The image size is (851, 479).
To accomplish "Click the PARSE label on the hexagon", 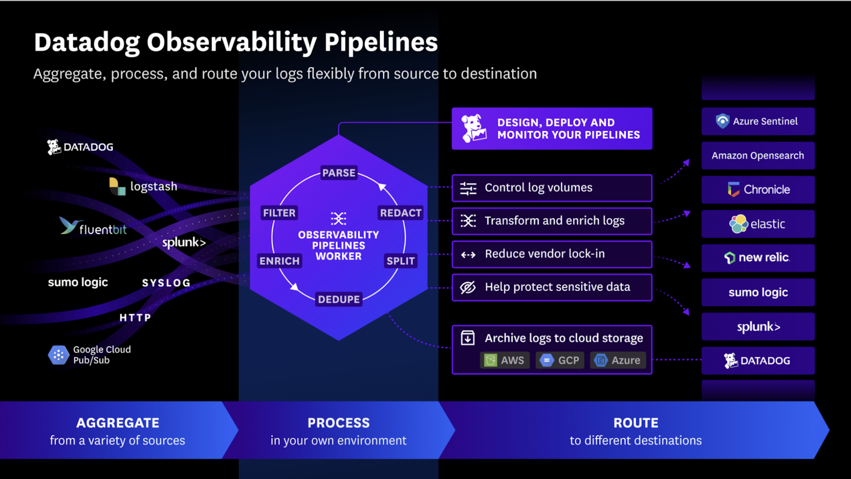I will coord(338,173).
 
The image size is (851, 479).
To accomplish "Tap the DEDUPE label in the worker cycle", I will coord(338,300).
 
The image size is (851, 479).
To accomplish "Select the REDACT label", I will coord(401,213).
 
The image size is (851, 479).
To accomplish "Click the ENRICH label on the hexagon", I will coord(279,261).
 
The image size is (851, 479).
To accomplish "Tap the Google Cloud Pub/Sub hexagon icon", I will coord(58,355).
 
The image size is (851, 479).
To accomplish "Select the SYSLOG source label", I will coord(166,283).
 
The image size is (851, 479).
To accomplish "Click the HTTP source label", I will coord(135,318).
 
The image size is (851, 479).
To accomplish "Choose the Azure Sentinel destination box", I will coord(758,122).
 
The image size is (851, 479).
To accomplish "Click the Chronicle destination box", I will coord(758,190).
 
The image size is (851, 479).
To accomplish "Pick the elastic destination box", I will coord(758,224).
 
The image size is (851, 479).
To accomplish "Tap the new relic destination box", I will coord(758,258).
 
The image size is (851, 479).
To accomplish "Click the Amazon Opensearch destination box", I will coord(758,156).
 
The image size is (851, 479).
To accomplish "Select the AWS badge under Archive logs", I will coord(504,361).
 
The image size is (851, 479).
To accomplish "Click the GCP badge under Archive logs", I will coord(560,361).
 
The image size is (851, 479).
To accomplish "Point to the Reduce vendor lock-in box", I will coord(552,254).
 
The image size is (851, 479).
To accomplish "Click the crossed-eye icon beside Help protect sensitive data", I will coord(468,288).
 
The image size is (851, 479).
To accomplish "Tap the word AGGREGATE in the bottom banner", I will coord(118,423).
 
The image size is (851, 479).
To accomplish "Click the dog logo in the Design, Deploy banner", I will coord(474,129).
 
